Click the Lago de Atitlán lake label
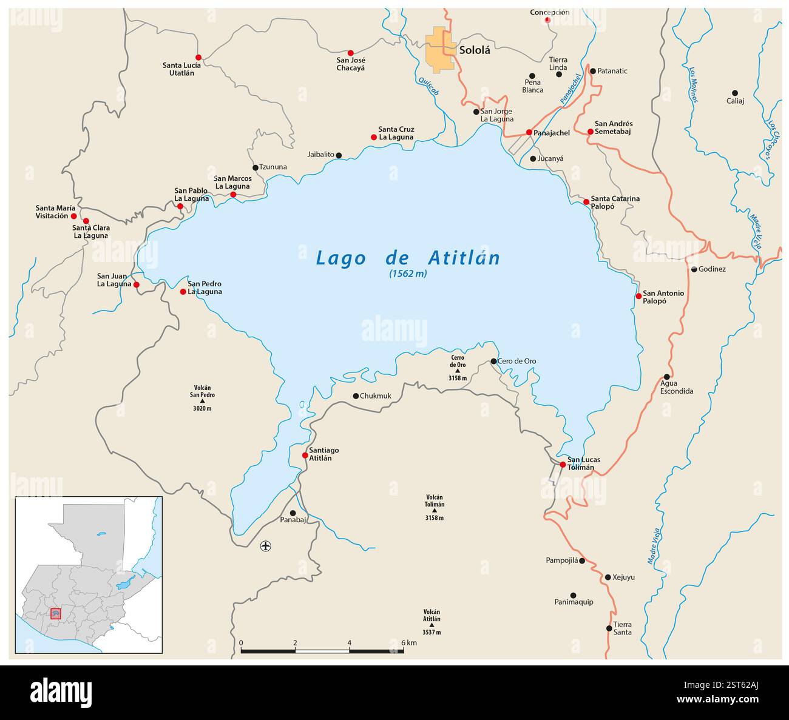[x=408, y=258]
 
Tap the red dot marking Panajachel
[x=529, y=132]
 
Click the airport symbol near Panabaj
[x=265, y=546]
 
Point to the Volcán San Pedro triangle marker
[x=203, y=402]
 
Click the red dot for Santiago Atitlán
[x=305, y=455]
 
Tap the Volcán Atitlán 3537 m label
[x=432, y=622]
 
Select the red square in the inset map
[x=56, y=614]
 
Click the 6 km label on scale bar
[x=409, y=643]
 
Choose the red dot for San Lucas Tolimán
[x=563, y=465]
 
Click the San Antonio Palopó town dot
[x=638, y=296]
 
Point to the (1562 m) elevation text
[x=408, y=274]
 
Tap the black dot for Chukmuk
[x=356, y=396]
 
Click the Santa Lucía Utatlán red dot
[x=198, y=58]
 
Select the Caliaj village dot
[x=735, y=93]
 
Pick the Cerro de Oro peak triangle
[x=458, y=371]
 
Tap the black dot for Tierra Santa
[x=609, y=628]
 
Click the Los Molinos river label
[x=692, y=84]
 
